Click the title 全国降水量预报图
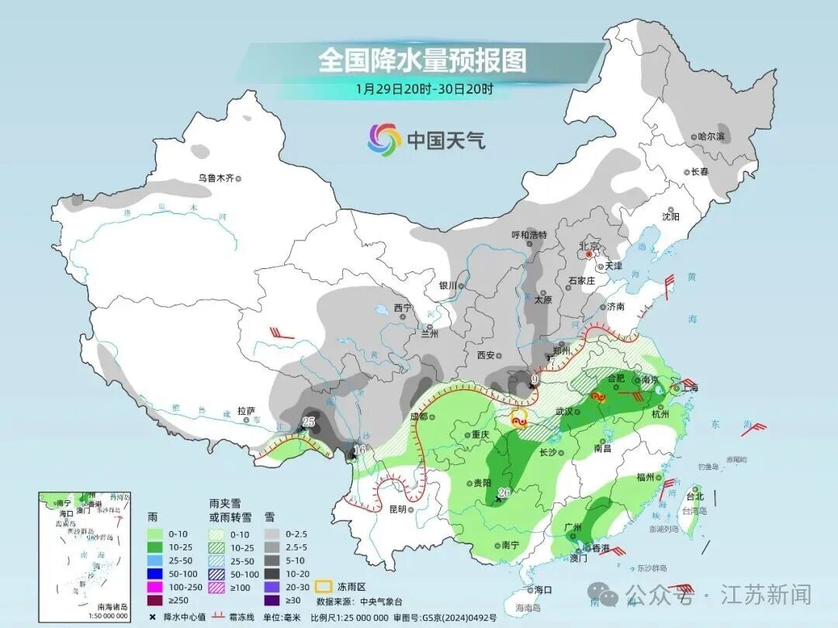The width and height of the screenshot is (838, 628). click(421, 60)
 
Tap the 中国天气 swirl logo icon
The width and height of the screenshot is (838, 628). click(383, 140)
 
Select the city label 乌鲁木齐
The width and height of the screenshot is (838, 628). click(216, 178)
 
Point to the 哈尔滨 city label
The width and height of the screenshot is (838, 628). click(710, 136)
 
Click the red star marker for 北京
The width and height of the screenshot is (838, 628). click(589, 254)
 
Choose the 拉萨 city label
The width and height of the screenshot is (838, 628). click(246, 411)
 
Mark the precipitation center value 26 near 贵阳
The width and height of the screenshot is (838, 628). click(503, 492)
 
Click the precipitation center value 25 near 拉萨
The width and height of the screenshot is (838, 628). click(308, 422)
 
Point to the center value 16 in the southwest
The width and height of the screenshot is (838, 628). click(358, 450)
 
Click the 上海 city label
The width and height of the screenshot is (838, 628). click(690, 388)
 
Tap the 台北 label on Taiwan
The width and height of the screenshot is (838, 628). click(694, 496)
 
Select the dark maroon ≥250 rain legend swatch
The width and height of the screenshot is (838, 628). click(157, 599)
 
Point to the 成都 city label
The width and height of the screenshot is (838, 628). click(417, 416)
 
